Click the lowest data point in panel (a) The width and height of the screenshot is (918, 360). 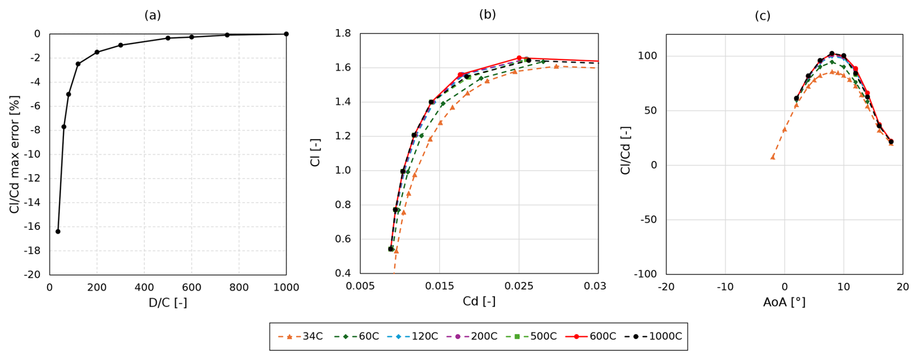click(x=58, y=231)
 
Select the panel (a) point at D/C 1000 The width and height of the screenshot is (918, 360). click(x=286, y=34)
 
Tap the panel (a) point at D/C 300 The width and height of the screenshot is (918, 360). click(x=120, y=45)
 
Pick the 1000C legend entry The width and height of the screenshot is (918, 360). click(x=653, y=336)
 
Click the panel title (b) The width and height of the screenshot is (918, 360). click(x=487, y=15)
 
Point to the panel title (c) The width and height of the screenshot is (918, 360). click(x=762, y=16)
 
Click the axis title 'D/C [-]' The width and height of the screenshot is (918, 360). click(x=167, y=303)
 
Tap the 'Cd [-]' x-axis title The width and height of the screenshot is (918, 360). click(x=479, y=301)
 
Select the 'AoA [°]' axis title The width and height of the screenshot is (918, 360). click(x=784, y=302)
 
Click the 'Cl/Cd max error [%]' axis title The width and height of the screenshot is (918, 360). click(x=15, y=154)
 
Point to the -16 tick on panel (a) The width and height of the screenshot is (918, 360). click(x=34, y=227)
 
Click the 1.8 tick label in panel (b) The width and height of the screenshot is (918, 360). click(x=343, y=33)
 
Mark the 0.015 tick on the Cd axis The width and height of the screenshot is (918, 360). click(x=440, y=286)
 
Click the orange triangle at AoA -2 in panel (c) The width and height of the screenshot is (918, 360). click(x=773, y=157)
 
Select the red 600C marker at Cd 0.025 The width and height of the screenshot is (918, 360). click(x=519, y=58)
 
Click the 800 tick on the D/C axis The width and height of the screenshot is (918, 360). click(x=239, y=287)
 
